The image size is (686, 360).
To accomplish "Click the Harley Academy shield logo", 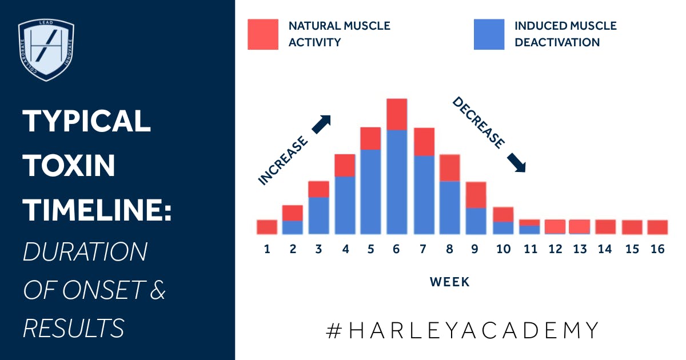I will pos(46,50).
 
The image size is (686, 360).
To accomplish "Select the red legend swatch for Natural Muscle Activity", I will pos(263,34).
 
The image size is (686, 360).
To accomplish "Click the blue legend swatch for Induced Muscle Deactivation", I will pos(489,34).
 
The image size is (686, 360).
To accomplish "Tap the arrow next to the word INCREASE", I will pos(321,124).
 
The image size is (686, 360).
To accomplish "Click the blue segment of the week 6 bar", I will pos(397,182).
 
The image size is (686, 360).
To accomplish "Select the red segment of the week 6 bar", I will pos(397,114).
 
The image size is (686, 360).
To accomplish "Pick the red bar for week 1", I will pos(267,227).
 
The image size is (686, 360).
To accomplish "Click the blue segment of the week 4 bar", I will pos(345,205).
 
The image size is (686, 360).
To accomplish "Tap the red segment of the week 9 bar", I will pos(476,195).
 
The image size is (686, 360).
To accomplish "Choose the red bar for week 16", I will pos(657,227).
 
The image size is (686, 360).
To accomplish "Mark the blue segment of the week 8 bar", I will pos(450,207).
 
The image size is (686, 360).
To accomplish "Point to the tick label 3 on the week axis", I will pos(318,249).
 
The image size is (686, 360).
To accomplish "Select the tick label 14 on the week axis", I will pos(605,249).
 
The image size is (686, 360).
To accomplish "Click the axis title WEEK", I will pos(449,281).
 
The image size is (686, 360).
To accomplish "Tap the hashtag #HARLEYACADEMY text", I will pos(462,330).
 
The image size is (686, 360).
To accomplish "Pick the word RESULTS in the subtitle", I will pos(74,327).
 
